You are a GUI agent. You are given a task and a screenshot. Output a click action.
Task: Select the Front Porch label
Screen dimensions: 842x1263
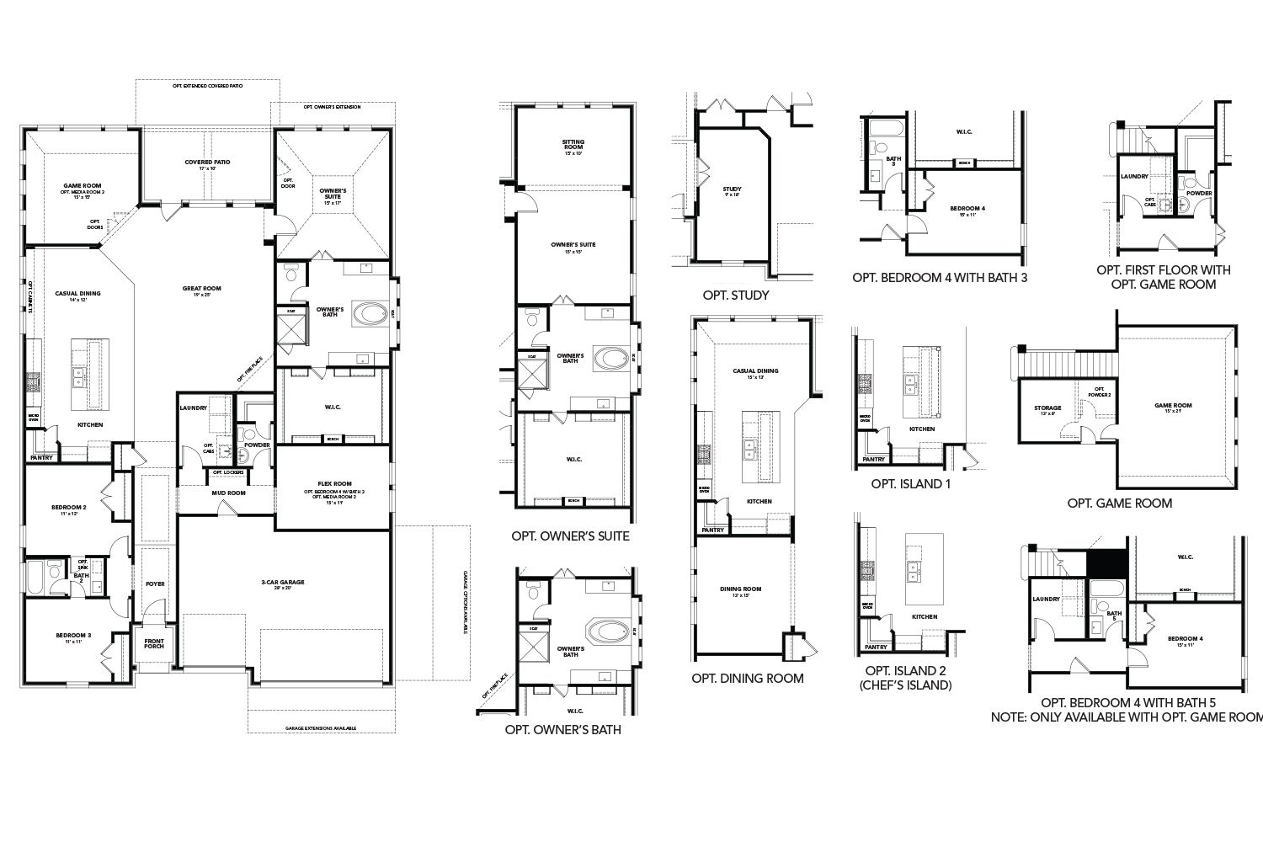154,645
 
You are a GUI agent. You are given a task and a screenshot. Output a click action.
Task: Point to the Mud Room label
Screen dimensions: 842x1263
227,493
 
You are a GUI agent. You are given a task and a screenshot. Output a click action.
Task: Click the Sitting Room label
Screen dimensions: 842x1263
573,144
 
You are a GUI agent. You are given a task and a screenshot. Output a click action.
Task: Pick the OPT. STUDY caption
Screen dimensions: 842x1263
735,296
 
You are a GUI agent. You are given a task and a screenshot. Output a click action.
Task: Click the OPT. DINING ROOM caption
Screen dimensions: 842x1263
747,678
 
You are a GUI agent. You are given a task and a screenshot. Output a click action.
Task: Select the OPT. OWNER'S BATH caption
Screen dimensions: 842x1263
562,730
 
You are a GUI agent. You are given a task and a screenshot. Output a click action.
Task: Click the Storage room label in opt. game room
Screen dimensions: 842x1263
1047,410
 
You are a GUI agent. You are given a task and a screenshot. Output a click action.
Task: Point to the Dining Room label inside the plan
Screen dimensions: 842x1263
741,591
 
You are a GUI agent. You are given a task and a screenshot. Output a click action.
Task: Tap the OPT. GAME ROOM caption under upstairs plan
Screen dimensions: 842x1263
1119,503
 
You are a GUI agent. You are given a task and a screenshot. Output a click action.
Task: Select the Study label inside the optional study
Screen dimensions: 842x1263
732,191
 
